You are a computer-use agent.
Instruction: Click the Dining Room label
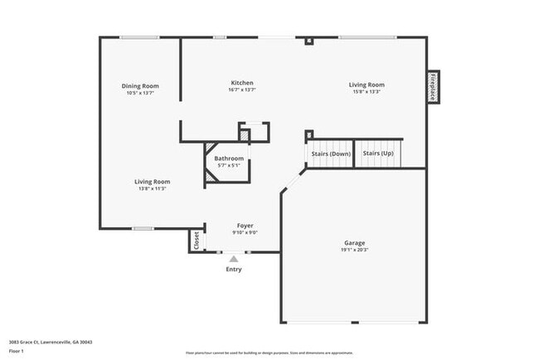[x=140, y=85]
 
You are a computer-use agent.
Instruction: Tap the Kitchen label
[x=242, y=83]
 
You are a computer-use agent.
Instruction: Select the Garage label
[x=354, y=242]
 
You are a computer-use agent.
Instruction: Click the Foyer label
[x=245, y=226]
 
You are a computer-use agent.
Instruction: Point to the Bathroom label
[x=229, y=158]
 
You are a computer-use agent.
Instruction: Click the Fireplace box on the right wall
[x=433, y=86]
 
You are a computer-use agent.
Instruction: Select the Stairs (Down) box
[x=331, y=154]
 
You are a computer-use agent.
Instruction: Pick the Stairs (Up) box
[x=378, y=154]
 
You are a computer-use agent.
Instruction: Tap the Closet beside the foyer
[x=197, y=241]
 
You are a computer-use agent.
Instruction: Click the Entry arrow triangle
[x=234, y=259]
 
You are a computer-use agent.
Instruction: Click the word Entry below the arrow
[x=234, y=270]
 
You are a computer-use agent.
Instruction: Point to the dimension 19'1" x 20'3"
[x=354, y=250]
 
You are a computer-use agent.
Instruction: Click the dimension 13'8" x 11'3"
[x=153, y=188]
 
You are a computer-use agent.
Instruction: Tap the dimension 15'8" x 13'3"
[x=366, y=92]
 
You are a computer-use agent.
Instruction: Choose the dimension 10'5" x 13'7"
[x=140, y=93]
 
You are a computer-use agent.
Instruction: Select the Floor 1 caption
[x=17, y=351]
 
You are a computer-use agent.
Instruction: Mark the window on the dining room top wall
[x=138, y=37]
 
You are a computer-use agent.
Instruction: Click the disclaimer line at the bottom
[x=269, y=352]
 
